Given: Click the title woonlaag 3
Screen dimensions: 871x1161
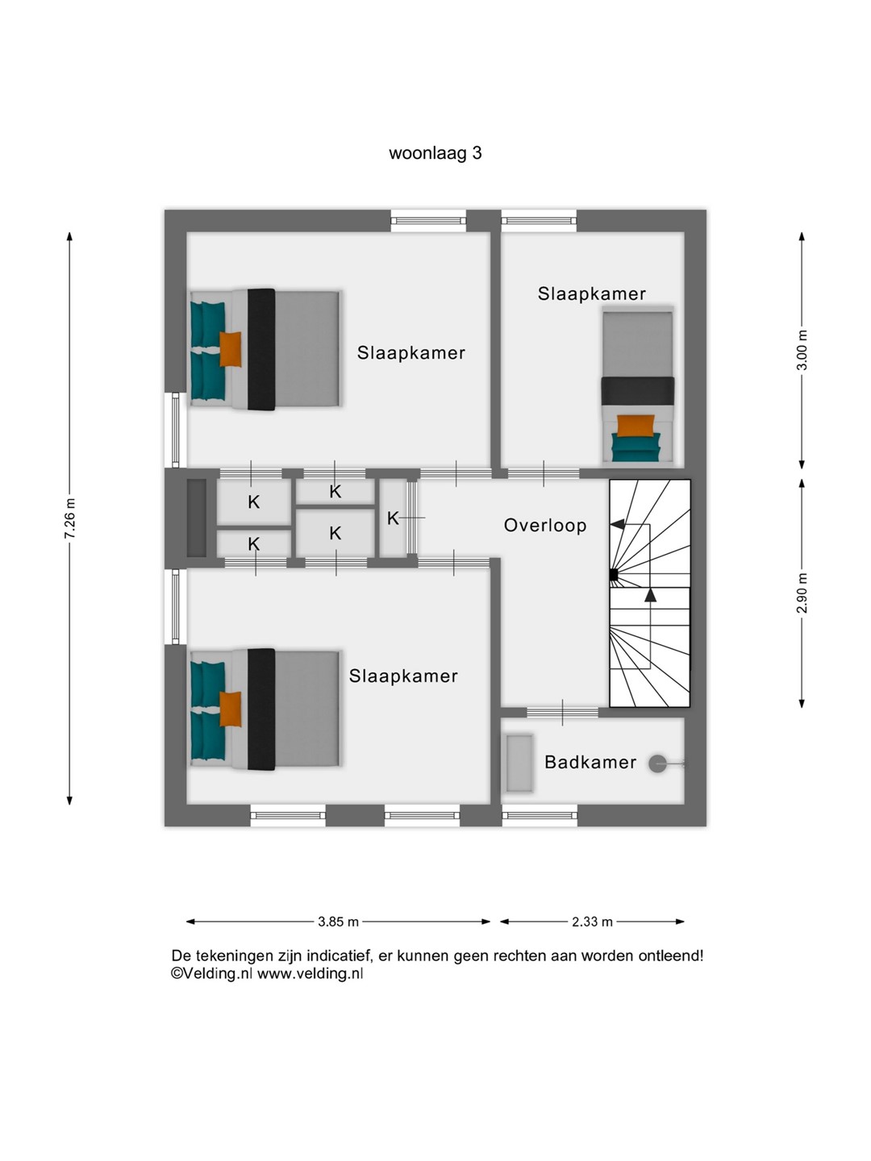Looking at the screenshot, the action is pos(435,153).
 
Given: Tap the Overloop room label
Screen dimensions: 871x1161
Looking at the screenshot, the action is pos(545,525).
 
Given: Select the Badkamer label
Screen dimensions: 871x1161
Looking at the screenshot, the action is pos(590,762).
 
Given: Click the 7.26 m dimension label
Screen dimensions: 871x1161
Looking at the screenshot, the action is pos(70,518).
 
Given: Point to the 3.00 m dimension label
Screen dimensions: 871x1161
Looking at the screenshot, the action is pos(802,350).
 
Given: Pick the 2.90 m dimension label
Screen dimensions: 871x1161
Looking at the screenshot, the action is pos(802,593).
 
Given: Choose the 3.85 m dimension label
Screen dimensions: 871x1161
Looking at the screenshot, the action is pos(338,922).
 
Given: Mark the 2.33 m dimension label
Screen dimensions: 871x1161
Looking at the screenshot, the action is pos(592,922).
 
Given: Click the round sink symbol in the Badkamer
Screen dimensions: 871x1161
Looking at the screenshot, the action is pos(657,764).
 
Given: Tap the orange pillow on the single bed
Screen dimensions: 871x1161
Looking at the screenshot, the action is pos(636,426).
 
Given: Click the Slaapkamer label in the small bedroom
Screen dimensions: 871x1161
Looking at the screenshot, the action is pos(592,293).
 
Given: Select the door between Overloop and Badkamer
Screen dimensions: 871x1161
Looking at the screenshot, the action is pos(562,713).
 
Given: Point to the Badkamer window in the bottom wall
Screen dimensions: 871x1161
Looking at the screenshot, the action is pos(540,815).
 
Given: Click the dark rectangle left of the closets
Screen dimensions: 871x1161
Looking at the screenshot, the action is pos(197,518).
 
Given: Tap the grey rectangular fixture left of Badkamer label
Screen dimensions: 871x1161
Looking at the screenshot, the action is pos(519,764).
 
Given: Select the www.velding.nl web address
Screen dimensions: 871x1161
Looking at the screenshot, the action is pos(310,974).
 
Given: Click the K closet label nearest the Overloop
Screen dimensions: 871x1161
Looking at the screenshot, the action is pos(393,518).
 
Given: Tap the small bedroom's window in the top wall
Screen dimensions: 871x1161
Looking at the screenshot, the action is pos(539,221).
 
